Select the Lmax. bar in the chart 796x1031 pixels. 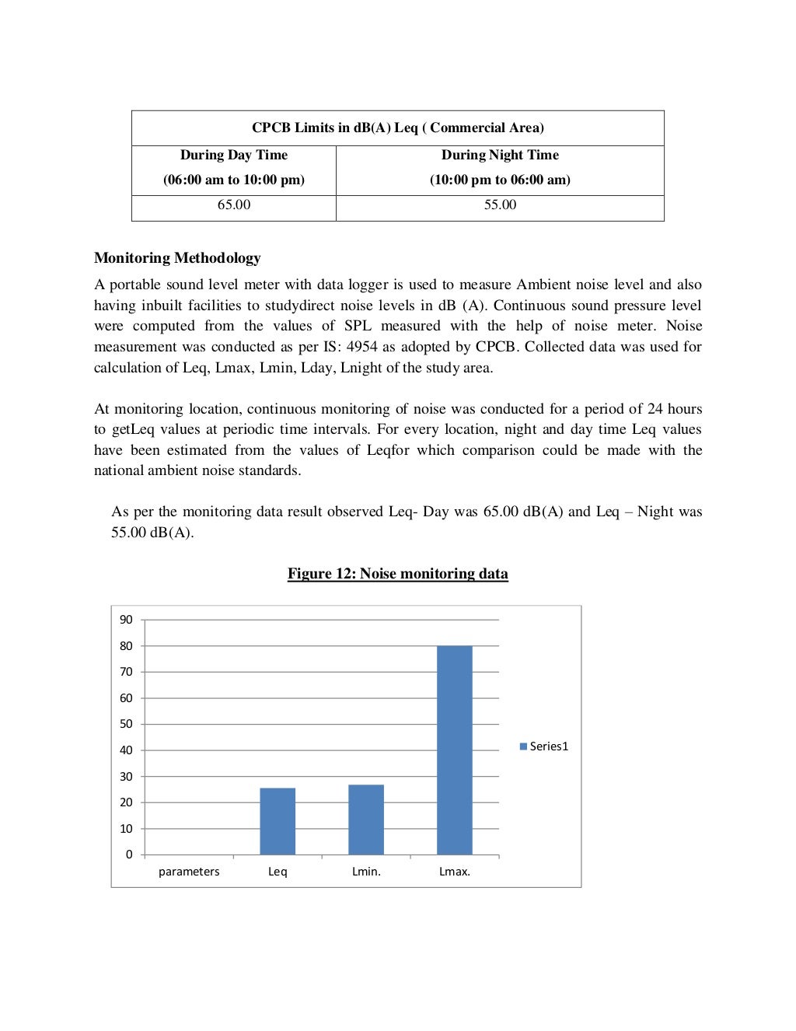(455, 750)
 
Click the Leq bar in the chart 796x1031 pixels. (278, 821)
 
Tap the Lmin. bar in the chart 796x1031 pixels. (366, 820)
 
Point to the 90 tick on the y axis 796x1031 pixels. (126, 620)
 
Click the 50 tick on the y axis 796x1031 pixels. (126, 724)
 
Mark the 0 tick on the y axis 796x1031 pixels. (129, 855)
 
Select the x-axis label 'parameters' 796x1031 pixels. (189, 872)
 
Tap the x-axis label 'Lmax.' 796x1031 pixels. (455, 872)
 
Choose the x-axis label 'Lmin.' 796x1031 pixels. (366, 872)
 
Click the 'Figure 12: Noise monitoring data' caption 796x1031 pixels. (398, 574)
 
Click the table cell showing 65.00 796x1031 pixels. (234, 205)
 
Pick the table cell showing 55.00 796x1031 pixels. (500, 205)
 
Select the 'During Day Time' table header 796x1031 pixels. (234, 156)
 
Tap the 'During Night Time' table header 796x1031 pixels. (500, 156)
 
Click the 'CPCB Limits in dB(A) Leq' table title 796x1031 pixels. (398, 128)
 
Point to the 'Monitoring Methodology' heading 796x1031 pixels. (177, 258)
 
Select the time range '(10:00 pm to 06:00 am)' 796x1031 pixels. (500, 180)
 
